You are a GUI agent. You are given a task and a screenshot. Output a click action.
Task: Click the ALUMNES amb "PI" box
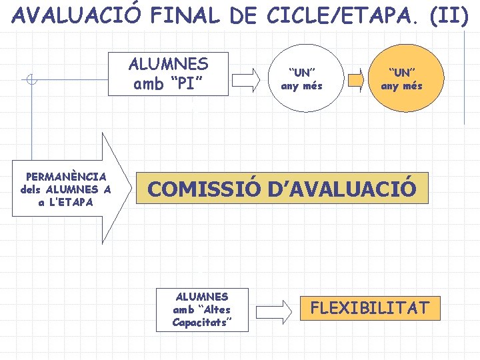(169, 74)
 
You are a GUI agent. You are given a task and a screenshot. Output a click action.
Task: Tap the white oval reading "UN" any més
(301, 77)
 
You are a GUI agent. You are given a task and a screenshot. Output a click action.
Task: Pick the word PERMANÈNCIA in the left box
(65, 177)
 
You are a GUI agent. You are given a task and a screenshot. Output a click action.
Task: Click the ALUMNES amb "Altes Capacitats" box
(202, 309)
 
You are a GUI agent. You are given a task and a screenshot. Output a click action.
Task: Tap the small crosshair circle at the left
(30, 81)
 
